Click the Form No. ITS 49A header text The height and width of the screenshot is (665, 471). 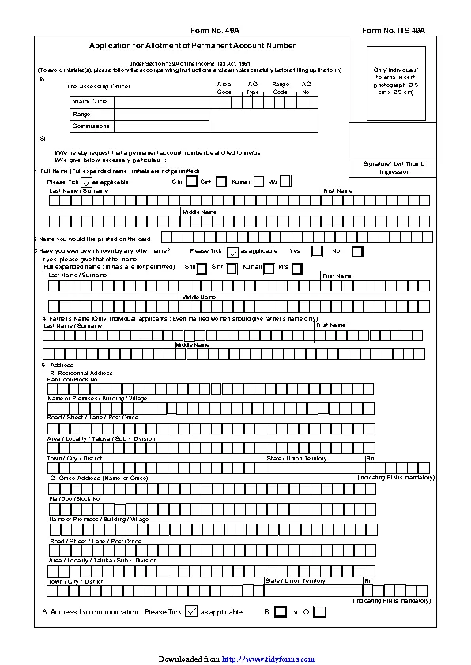(x=393, y=30)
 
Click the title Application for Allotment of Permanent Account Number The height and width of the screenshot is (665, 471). (x=192, y=47)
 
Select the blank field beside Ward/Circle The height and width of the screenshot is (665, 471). (x=161, y=102)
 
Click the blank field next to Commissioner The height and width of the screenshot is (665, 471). (x=161, y=126)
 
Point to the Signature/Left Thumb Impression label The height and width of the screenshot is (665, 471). (x=394, y=167)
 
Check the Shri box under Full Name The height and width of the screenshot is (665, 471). (x=191, y=182)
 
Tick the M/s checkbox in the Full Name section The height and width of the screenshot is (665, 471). (x=285, y=182)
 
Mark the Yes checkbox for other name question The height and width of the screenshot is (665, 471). (x=317, y=251)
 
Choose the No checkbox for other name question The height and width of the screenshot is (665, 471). (x=357, y=251)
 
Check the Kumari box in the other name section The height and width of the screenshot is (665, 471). (x=269, y=268)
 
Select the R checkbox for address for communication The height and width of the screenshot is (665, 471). (x=280, y=611)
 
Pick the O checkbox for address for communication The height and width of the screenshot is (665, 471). (x=318, y=611)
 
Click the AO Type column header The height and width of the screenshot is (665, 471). (x=253, y=88)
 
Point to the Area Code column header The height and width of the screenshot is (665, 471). (x=224, y=88)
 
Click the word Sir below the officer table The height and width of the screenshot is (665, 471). (x=44, y=138)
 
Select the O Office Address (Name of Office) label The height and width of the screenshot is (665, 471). (x=98, y=478)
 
